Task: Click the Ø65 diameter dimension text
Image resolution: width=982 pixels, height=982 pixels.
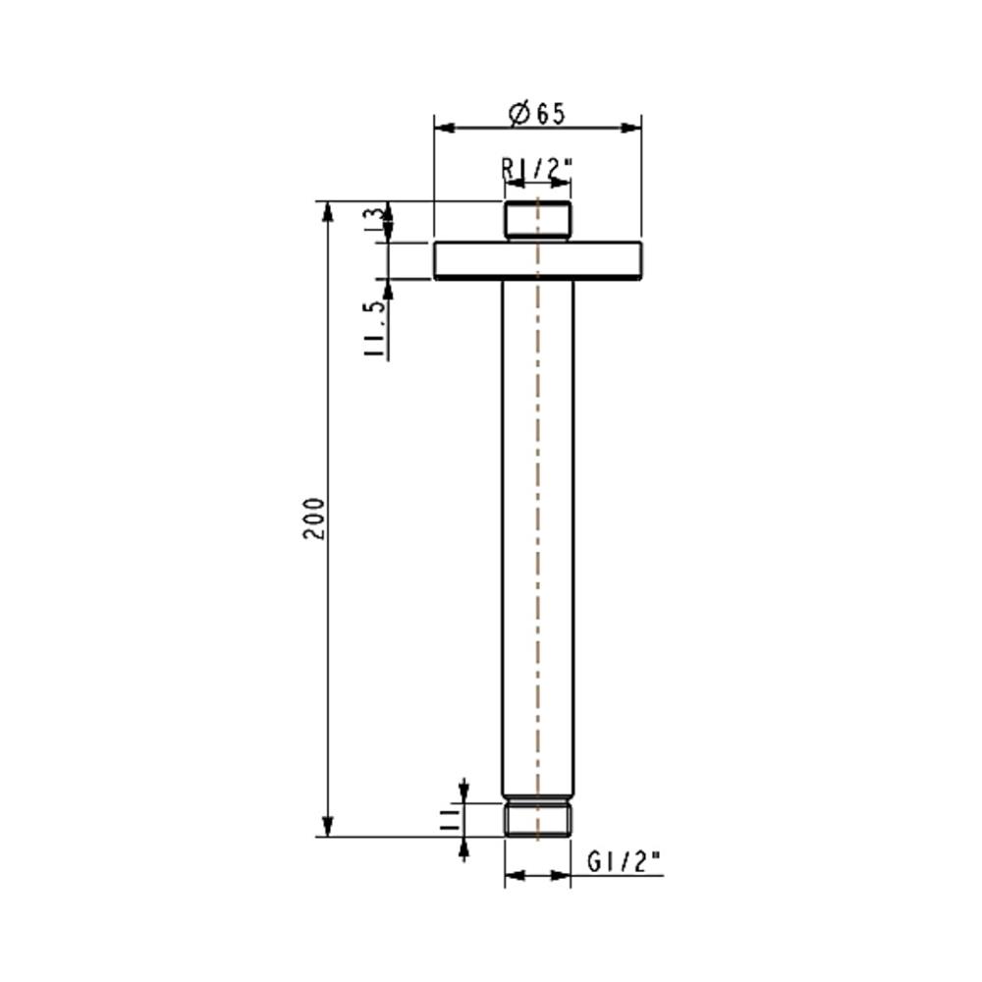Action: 538,114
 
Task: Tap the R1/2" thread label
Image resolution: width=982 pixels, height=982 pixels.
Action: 536,169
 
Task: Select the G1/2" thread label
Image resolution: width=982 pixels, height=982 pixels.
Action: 625,862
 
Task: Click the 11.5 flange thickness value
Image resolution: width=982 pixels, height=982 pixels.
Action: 374,330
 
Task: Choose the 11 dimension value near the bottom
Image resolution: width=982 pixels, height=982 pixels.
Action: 453,820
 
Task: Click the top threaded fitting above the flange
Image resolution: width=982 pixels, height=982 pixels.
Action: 537,221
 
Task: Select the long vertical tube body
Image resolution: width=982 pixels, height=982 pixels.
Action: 537,530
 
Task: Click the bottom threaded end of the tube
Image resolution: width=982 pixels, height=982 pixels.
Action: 537,820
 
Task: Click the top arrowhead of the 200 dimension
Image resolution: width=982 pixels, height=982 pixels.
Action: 328,210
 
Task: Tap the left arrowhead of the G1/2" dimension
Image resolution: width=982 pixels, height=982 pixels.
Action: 513,875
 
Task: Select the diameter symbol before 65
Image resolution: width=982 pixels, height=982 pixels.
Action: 519,114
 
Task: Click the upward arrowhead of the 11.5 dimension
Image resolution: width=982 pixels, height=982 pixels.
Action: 388,288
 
